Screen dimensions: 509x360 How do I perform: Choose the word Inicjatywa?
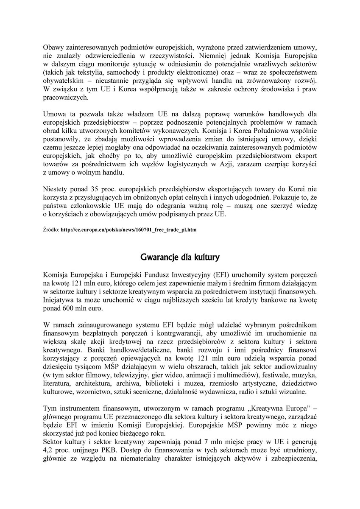click(x=59, y=300)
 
